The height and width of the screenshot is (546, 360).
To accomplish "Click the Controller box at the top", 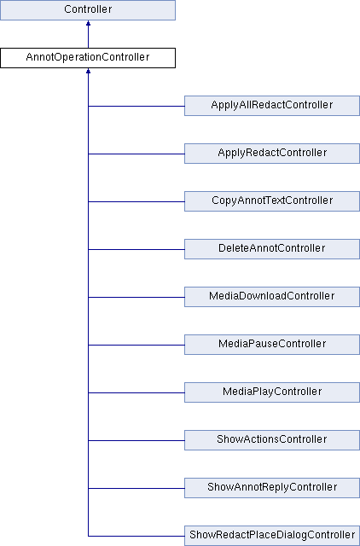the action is point(88,10).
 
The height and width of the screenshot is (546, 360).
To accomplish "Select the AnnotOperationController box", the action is point(88,58).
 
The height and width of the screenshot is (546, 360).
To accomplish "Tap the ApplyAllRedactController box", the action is point(272,106).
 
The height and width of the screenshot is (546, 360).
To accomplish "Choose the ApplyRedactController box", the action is point(272,154).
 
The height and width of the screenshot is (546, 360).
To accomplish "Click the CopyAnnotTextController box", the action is point(272,201).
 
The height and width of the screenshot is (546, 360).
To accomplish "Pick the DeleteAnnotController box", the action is point(272,249).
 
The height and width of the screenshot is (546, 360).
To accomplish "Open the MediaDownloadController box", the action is point(272,297).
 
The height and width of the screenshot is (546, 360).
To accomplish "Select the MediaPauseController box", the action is point(272,345).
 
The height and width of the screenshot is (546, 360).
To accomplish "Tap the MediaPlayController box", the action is point(272,392).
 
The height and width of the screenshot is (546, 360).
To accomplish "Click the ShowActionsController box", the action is point(272,440).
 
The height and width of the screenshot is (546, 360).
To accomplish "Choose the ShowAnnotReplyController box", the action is point(272,488).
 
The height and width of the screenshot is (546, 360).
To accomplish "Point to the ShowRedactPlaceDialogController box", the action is point(272,536).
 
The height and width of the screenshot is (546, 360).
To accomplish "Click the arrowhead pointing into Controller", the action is point(88,23).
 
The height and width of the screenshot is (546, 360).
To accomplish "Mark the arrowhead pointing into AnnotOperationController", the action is point(88,71).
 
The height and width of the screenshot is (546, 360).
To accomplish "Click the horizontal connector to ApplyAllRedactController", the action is point(136,106).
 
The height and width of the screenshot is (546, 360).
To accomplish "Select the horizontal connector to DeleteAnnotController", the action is point(136,249).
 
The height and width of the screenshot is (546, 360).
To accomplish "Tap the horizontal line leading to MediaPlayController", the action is point(136,392).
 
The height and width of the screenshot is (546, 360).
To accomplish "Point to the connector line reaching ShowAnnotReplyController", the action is point(136,488).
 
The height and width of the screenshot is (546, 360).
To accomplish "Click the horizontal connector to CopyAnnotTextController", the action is point(136,201).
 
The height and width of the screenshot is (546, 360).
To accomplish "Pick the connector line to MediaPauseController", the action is point(136,345).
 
